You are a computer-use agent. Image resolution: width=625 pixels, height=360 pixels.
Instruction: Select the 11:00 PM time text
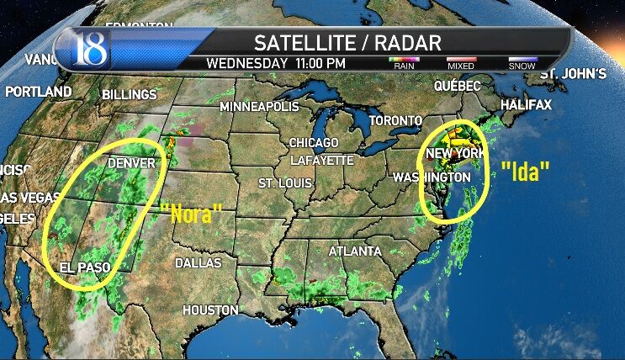pos(320,63)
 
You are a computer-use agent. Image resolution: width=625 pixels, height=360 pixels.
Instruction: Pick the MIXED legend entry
pos(462,64)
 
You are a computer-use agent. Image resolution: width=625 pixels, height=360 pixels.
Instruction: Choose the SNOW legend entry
pos(522,64)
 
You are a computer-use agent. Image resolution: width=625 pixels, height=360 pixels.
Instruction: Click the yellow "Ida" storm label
pos(525,172)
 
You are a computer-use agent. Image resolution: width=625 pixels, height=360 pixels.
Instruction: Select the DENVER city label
pos(132,162)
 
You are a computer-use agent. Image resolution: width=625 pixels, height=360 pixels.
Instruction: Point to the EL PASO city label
pos(85,267)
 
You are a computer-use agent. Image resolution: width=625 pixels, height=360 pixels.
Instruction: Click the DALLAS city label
pos(198,263)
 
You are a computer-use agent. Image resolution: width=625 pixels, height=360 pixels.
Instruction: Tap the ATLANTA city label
pos(354,251)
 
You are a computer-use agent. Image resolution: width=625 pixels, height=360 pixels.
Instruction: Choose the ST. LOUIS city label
pos(284,183)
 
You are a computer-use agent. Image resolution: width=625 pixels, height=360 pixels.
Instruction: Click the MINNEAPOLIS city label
pos(259,107)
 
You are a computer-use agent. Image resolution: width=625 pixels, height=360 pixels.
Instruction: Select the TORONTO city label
pos(395,121)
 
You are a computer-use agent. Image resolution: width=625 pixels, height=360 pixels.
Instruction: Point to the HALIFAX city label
pos(526,105)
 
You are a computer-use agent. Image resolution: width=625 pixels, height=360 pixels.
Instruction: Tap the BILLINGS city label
pos(130,95)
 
